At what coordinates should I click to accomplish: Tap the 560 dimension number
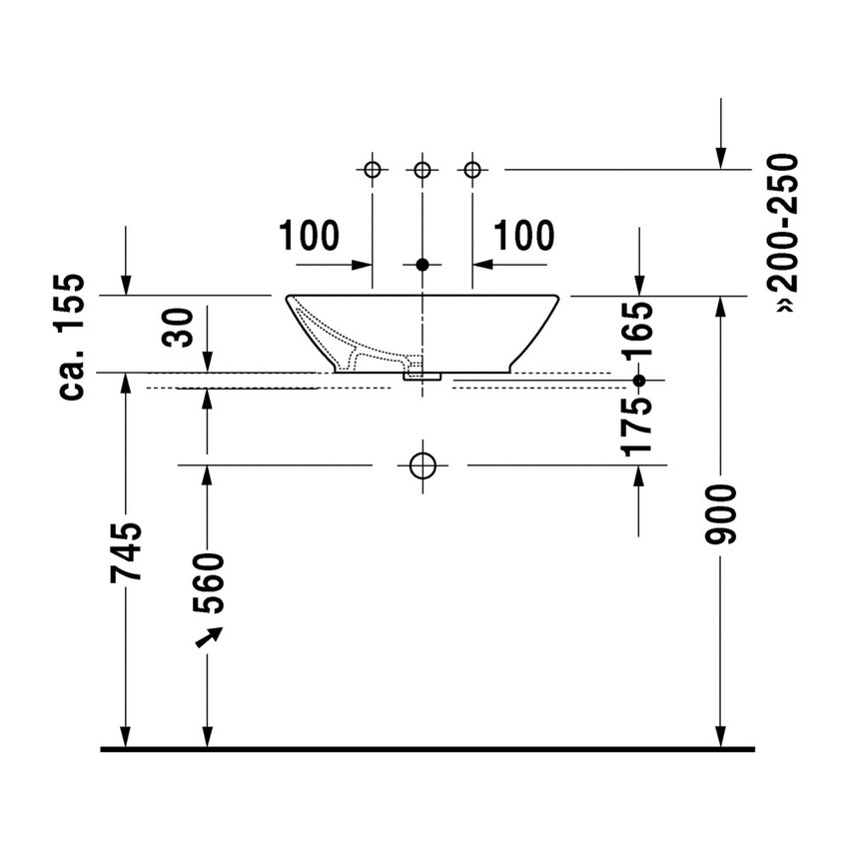click(211, 583)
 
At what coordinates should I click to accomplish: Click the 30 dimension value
click(180, 327)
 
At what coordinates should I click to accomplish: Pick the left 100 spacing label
click(310, 236)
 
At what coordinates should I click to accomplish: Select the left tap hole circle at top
click(373, 169)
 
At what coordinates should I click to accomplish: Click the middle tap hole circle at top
click(423, 169)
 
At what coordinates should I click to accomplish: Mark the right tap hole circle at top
click(472, 169)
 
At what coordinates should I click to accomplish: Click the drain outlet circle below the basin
click(423, 464)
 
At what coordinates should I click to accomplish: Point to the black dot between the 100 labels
click(423, 265)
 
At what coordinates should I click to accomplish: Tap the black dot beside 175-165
click(640, 381)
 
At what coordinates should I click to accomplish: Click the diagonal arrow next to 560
click(209, 638)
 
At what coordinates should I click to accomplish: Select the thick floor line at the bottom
click(427, 748)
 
